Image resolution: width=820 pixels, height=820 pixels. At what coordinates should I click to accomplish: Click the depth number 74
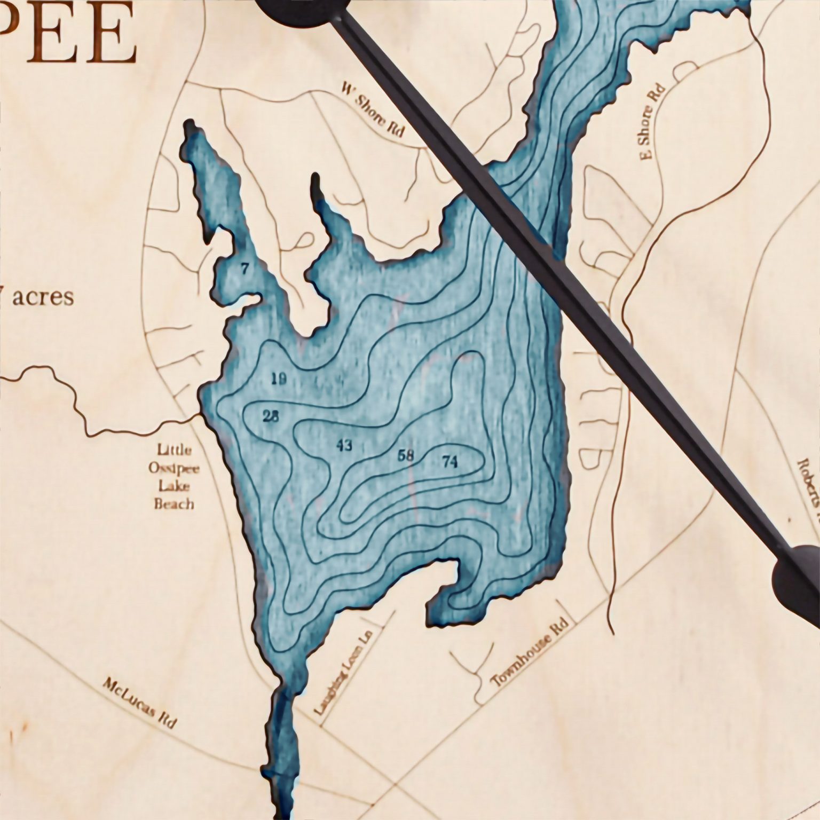tap(450, 462)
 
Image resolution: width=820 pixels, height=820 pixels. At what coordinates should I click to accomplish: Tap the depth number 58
tap(406, 455)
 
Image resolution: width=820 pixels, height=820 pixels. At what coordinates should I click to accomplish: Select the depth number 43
tap(344, 445)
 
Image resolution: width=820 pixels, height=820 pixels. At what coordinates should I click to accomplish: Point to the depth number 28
tap(271, 416)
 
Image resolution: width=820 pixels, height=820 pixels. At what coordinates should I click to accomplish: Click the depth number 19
tap(279, 380)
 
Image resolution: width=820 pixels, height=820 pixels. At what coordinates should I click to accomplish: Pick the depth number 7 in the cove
tap(245, 269)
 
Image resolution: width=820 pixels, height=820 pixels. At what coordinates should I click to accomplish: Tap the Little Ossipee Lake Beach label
tap(174, 477)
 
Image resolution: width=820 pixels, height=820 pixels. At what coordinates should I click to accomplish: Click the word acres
tap(43, 297)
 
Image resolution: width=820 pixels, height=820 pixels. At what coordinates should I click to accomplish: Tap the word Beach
tap(174, 503)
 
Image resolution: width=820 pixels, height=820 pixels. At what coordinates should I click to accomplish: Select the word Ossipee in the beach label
tap(175, 468)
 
